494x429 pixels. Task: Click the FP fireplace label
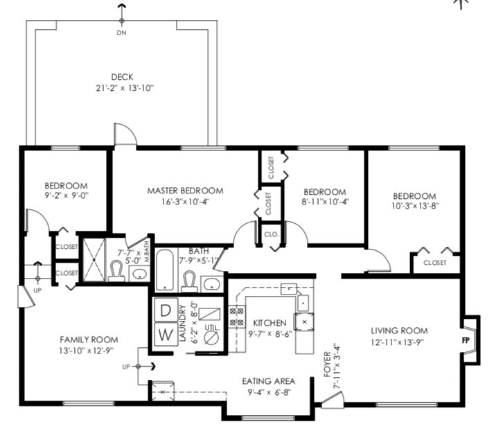(x=466, y=340)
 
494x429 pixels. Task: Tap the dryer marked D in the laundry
(x=166, y=310)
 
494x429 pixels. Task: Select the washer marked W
(x=166, y=334)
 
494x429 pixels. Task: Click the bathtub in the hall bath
(x=164, y=270)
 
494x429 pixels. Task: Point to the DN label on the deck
(x=122, y=33)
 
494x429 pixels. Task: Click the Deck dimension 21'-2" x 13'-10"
(x=125, y=88)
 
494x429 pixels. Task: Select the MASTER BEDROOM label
(x=185, y=191)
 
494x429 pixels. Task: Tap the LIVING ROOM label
(x=399, y=331)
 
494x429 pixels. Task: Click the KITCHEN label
(x=270, y=323)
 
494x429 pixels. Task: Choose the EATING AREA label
(x=269, y=381)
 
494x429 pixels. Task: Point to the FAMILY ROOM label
(x=89, y=340)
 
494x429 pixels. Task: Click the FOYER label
(x=327, y=365)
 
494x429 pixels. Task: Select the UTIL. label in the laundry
(x=212, y=328)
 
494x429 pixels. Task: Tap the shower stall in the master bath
(x=94, y=260)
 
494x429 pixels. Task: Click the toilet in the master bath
(x=116, y=271)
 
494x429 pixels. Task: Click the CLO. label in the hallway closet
(x=272, y=234)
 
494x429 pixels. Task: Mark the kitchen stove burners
(x=237, y=317)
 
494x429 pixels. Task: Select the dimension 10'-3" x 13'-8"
(x=415, y=206)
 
